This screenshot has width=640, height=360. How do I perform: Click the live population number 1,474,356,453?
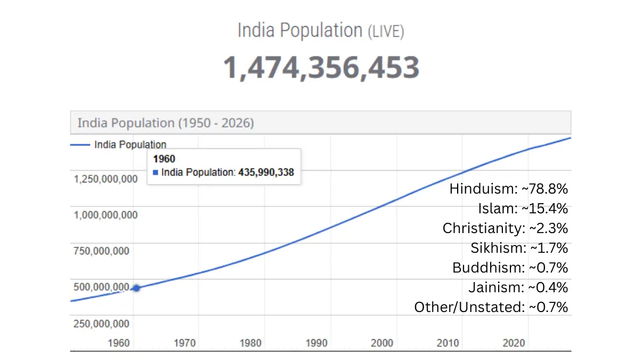(321, 68)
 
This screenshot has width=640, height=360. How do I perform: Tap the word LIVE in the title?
(386, 31)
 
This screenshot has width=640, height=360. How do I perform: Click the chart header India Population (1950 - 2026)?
(166, 123)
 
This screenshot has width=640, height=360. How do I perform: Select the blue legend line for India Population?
(81, 145)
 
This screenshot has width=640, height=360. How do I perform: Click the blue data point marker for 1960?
(137, 288)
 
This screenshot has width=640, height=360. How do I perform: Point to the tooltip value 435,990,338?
(266, 172)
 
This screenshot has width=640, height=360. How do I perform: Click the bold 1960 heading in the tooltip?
(164, 159)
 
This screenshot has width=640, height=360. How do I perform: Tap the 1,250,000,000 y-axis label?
(106, 179)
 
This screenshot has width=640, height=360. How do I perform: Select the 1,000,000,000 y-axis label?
(106, 215)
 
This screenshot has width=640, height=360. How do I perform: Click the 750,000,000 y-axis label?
(101, 251)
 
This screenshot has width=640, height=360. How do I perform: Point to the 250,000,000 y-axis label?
(101, 324)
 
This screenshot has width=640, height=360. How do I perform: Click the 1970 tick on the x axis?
(185, 343)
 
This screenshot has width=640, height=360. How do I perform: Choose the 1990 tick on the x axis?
(317, 343)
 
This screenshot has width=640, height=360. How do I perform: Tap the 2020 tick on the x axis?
(514, 343)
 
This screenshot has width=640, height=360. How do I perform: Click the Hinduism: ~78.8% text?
(509, 189)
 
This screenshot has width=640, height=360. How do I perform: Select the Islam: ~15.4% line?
(523, 209)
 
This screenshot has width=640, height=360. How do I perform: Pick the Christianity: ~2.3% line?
(505, 228)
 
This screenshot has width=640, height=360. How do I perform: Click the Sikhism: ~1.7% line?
(519, 248)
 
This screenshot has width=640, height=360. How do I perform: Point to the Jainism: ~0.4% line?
(518, 287)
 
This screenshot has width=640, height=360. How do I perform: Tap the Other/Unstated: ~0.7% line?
(491, 307)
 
